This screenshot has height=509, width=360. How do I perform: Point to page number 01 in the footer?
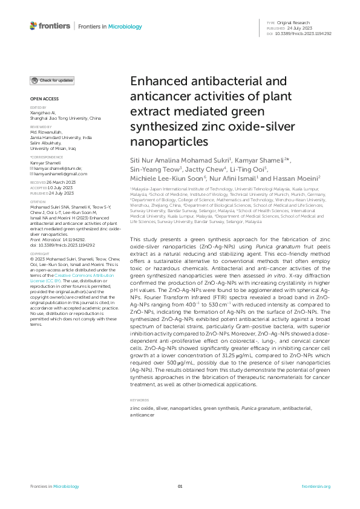point(180,486)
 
